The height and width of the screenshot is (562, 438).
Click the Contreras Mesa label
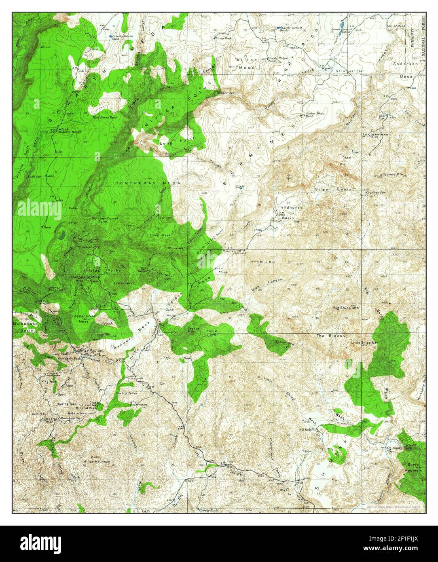[147, 183]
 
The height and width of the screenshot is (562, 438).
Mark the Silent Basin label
[333, 189]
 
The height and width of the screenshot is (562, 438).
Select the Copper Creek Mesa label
[83, 319]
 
